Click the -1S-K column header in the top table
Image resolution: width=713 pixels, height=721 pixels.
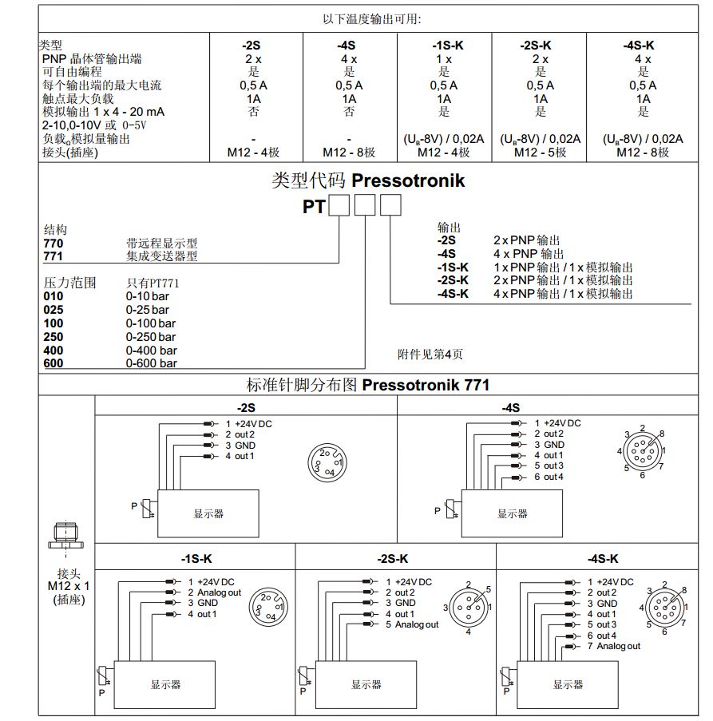[x=444, y=46]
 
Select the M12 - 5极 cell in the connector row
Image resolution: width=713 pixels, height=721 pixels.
[x=540, y=152]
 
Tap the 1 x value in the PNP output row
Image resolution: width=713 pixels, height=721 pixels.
[x=444, y=59]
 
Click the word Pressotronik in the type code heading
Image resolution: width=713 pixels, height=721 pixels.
[x=408, y=180]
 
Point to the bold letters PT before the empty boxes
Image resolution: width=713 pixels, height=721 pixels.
[x=313, y=207]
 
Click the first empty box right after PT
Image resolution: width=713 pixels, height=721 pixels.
[x=339, y=207]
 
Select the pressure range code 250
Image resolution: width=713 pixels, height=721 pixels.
[x=53, y=336]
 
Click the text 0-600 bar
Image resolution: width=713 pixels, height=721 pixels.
[x=152, y=363]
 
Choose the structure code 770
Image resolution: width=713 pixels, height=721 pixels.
[x=53, y=243]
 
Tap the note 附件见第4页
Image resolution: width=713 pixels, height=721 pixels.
[x=430, y=355]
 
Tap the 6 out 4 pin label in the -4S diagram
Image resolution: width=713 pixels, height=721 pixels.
[x=549, y=477]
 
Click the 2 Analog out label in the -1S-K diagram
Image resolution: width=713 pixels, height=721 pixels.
[x=214, y=592]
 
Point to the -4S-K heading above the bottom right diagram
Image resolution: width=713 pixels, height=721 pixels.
[x=602, y=558]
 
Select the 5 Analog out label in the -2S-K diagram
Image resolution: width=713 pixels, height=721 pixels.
[x=412, y=624]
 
